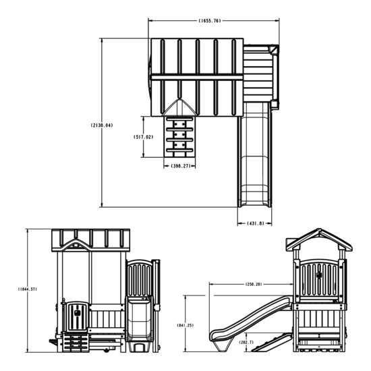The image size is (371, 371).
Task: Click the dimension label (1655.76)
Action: click(x=210, y=21)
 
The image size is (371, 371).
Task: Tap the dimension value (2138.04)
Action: click(x=101, y=125)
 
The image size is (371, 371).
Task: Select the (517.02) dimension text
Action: click(x=144, y=137)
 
